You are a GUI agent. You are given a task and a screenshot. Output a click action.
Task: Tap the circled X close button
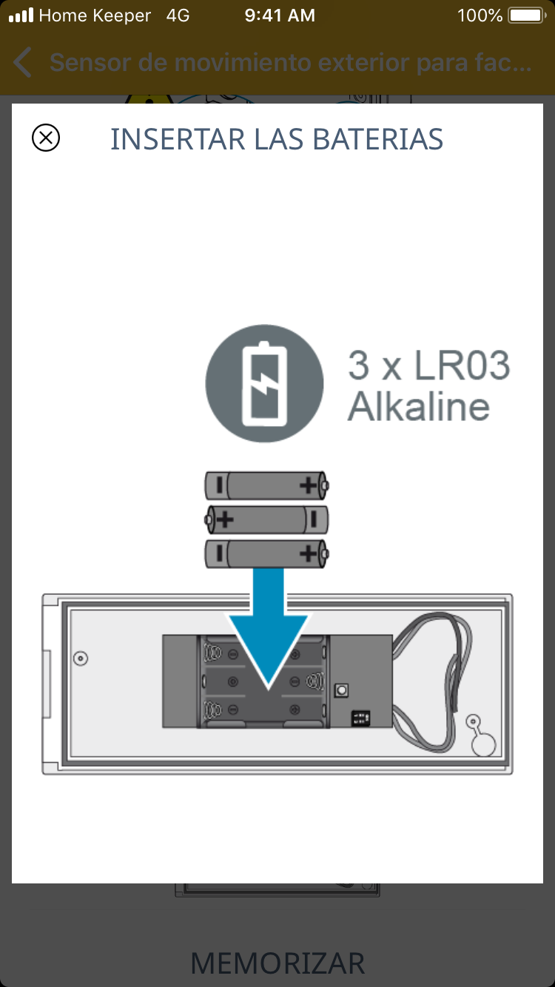tap(46, 138)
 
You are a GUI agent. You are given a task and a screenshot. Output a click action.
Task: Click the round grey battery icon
tap(264, 384)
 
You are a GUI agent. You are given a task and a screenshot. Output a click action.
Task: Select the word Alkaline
tap(419, 406)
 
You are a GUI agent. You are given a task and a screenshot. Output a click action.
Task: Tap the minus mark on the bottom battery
tap(219, 553)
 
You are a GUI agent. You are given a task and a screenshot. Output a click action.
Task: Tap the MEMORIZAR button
tap(277, 963)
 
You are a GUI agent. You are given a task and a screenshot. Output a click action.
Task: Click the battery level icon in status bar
tap(526, 16)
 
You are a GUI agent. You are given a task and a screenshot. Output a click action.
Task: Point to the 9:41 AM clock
tap(280, 16)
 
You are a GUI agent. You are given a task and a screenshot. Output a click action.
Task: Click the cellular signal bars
tap(21, 16)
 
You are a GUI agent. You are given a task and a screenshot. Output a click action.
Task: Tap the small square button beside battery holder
tap(342, 690)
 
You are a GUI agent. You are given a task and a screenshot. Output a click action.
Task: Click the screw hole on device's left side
tap(81, 658)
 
